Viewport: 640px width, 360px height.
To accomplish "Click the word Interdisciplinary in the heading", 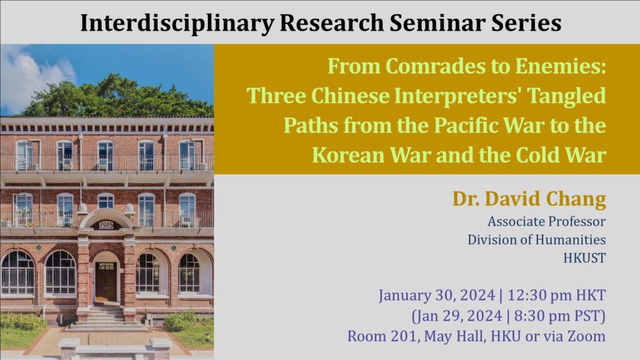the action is point(177,23).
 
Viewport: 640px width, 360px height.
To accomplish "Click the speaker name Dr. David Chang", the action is point(529,199).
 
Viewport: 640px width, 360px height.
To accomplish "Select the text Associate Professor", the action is point(546,221).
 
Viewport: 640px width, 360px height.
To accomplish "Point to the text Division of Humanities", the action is point(537,239).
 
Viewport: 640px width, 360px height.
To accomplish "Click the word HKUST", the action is point(584,258).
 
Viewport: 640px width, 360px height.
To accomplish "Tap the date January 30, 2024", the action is point(437,296).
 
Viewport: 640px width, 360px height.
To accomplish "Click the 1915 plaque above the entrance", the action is point(106,225).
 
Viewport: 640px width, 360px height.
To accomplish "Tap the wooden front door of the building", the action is point(106,282).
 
